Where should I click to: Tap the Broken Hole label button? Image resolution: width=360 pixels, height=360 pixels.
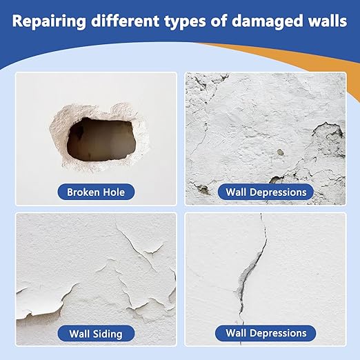click(x=95, y=191)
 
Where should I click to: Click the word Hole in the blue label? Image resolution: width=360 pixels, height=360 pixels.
click(x=113, y=191)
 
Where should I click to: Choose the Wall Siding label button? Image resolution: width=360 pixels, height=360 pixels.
click(x=95, y=334)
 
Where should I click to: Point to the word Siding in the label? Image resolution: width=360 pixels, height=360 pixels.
click(x=108, y=334)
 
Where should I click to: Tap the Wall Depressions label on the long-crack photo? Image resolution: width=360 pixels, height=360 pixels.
click(x=266, y=334)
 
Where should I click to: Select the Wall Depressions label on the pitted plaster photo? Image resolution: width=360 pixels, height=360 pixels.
click(x=266, y=191)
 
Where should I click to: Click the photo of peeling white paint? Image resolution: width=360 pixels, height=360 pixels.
click(x=95, y=269)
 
